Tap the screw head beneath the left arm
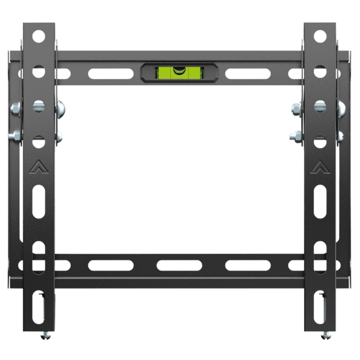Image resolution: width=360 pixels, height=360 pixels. click(x=45, y=336)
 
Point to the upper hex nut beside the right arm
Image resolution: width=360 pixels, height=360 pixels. click(x=296, y=110)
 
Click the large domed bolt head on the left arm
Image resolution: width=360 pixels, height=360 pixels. click(x=61, y=109)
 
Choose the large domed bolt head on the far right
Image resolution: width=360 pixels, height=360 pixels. click(x=340, y=109)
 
